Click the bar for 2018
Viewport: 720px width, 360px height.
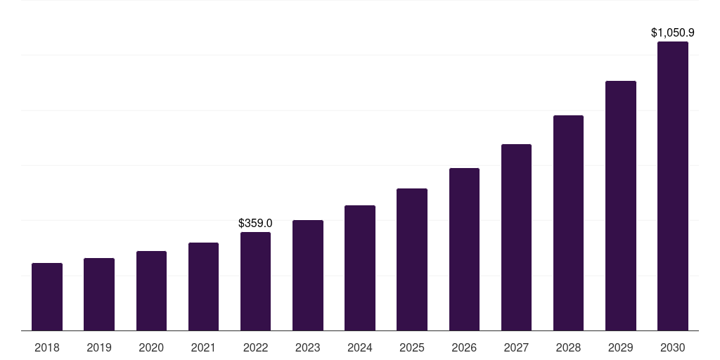47,297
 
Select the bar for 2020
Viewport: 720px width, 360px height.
151,290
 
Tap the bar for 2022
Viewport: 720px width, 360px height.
255,281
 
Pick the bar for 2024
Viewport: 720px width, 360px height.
360,268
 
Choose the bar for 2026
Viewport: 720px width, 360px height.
464,249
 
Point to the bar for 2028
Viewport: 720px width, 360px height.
568,223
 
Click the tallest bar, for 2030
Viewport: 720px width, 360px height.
673,186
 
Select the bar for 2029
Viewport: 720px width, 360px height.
621,205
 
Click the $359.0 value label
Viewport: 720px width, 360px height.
255,223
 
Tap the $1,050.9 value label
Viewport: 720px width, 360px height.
673,32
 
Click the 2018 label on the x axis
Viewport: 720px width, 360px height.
47,347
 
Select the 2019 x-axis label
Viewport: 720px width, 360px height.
99,347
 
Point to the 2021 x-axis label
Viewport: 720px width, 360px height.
203,347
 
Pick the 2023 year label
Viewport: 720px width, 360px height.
308,347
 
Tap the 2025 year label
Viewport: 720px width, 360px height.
412,347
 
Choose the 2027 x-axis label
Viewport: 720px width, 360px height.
516,347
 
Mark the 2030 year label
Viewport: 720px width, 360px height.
673,347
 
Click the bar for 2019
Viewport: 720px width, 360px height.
99,294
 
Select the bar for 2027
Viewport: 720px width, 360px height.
516,237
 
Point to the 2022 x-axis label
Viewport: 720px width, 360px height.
255,347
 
